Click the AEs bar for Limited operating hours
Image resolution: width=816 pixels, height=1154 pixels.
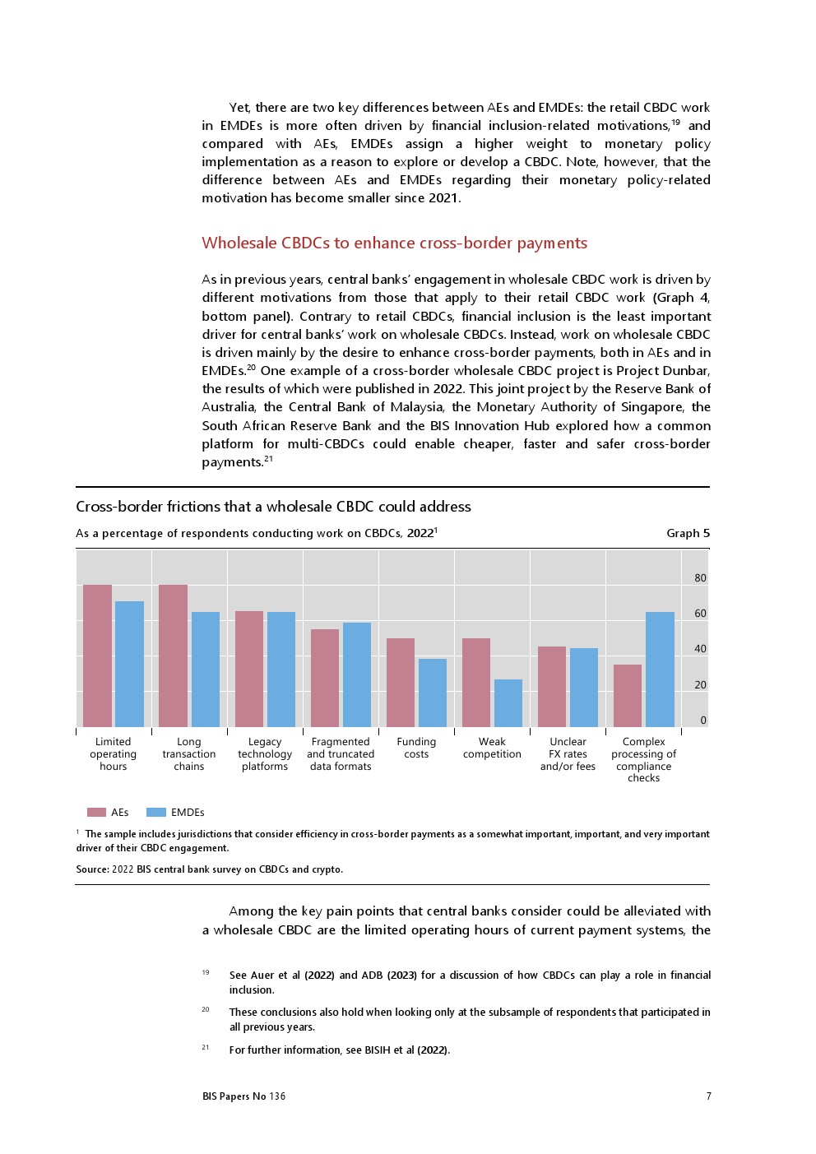click(x=97, y=656)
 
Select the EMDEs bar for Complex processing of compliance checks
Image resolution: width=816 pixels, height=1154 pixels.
click(x=660, y=670)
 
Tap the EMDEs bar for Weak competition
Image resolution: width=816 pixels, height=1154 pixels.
click(x=508, y=703)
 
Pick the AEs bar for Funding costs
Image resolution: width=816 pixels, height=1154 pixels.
click(x=401, y=683)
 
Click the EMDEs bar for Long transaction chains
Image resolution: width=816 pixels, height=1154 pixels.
click(x=206, y=670)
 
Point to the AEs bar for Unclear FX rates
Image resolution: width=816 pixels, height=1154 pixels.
click(x=552, y=687)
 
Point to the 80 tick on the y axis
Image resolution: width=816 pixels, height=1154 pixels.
click(x=700, y=578)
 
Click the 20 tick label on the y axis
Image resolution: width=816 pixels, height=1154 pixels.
click(x=700, y=684)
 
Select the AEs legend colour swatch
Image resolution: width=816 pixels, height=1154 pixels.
click(x=96, y=813)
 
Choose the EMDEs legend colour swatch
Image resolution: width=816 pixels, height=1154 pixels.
click(x=156, y=813)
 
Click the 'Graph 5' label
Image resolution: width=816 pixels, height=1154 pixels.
click(x=688, y=533)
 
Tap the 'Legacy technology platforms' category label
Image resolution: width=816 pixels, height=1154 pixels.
click(x=265, y=754)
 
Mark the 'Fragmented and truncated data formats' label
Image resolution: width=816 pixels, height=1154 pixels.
click(x=341, y=754)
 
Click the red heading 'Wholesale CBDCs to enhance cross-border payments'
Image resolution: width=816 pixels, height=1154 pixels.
click(x=395, y=243)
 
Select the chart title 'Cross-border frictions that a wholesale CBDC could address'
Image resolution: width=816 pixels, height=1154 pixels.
click(x=273, y=507)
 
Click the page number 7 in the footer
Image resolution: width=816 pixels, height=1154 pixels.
click(x=708, y=1096)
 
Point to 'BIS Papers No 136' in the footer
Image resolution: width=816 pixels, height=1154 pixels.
click(x=244, y=1096)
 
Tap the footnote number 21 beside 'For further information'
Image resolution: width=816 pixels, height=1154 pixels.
click(x=206, y=1048)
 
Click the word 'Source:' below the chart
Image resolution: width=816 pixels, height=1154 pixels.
click(x=92, y=869)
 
